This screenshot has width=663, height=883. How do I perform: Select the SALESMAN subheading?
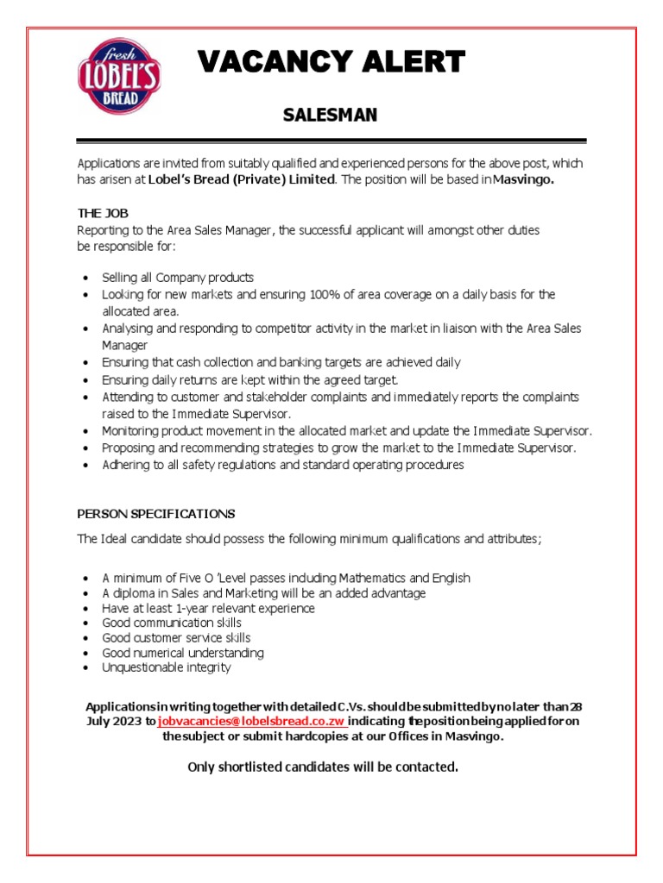click(331, 116)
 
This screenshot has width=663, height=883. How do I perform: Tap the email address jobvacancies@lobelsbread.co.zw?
click(252, 721)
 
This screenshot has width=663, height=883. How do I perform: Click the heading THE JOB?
click(103, 213)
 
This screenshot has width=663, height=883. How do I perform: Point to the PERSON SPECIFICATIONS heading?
click(155, 514)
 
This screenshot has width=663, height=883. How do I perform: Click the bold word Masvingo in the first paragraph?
click(523, 178)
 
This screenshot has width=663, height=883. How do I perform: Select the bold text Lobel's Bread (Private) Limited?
click(241, 178)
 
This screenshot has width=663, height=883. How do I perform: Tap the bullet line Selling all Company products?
click(178, 278)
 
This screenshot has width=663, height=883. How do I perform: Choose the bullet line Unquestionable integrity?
click(167, 667)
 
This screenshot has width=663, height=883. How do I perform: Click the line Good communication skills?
click(172, 623)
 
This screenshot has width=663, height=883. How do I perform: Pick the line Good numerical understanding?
click(183, 653)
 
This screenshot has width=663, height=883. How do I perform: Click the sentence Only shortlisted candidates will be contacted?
click(322, 767)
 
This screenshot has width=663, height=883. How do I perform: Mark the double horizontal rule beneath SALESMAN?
click(331, 141)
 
